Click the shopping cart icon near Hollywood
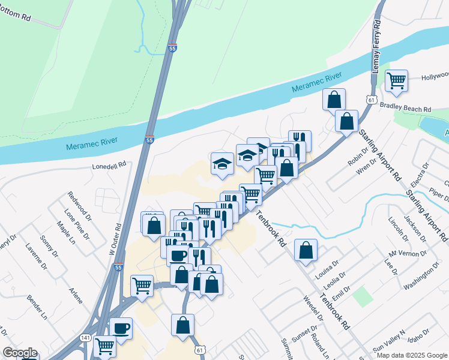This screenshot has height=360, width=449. point(396,80)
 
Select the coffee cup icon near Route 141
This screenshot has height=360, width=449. point(121,328)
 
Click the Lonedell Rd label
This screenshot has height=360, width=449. point(109,164)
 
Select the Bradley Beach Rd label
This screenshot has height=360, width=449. point(406,108)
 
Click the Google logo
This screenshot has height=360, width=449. point(20,353)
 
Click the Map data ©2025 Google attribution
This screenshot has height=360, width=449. point(412,355)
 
